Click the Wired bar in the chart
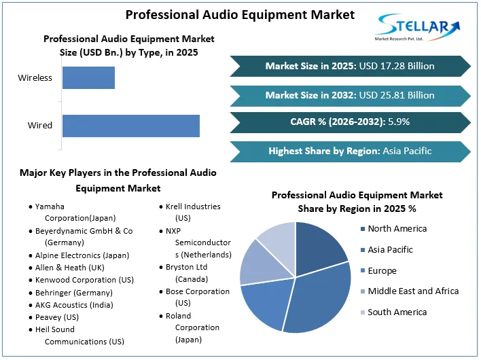130,126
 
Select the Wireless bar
88,77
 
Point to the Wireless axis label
35,77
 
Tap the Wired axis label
39,126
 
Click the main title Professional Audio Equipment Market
230,14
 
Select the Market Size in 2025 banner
349,66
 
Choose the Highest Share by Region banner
349,151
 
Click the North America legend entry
397,229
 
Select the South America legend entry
397,312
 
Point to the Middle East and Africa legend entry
412,291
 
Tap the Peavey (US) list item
58,317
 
